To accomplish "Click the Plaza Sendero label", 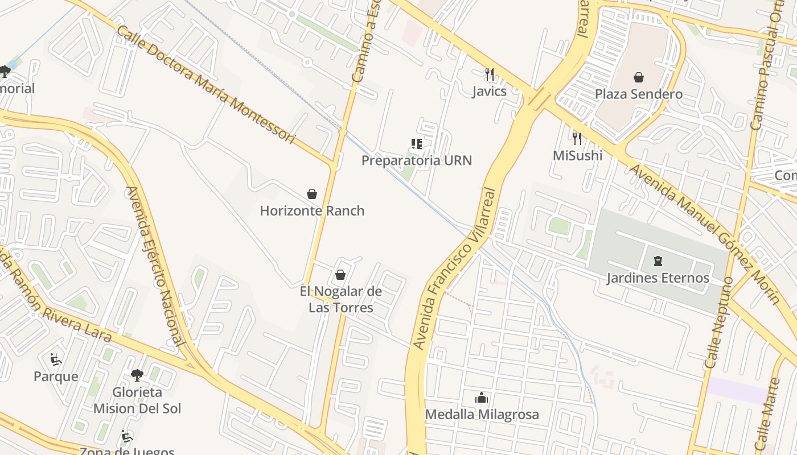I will tap(639, 94).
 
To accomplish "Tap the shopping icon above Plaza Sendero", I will tap(639, 77).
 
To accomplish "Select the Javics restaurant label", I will tap(489, 91).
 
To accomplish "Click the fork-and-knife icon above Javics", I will tap(488, 74).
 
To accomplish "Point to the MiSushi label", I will tap(577, 155).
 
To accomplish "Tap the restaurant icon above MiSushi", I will tap(577, 138).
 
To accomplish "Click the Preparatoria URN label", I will tap(417, 160).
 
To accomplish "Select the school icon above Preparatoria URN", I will tap(417, 144).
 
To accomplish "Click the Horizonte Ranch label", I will tap(312, 210).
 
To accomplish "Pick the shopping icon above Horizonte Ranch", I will tap(312, 194).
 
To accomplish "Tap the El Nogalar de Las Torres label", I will tap(341, 300).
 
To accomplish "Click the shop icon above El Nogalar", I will tap(340, 275).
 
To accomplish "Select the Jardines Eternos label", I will tap(658, 278).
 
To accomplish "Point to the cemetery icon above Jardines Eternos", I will tap(658, 262).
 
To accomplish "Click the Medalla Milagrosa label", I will tap(482, 415).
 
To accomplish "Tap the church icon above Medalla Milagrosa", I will tap(482, 398).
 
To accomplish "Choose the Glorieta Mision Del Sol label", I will tap(137, 400).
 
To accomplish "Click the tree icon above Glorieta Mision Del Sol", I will tap(137, 375).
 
